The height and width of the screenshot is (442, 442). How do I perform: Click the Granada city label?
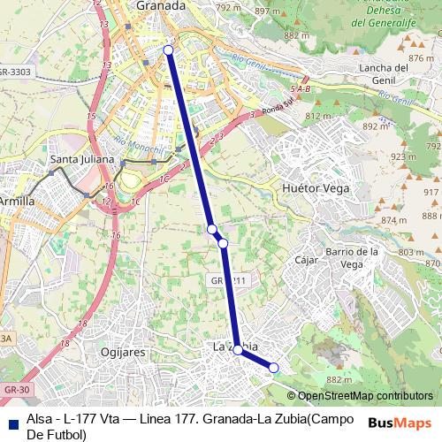tap(161, 5)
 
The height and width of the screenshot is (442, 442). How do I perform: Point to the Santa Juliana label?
tap(82, 159)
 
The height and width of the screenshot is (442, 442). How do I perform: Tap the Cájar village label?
tap(306, 261)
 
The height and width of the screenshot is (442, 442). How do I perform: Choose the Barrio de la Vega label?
tap(353, 257)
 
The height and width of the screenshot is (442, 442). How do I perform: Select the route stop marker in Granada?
tap(168, 50)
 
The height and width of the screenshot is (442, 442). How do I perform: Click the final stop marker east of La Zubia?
tap(274, 368)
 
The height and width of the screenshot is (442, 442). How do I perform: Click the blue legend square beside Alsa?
tap(12, 421)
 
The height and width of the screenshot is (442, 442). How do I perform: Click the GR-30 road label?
tap(16, 389)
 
